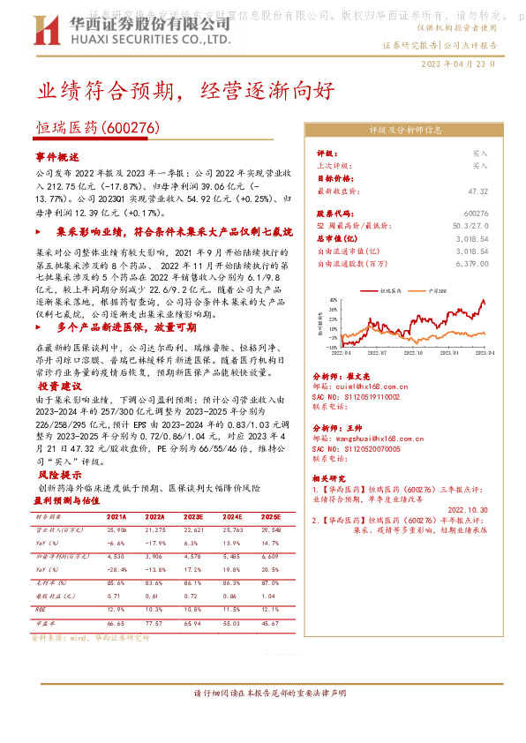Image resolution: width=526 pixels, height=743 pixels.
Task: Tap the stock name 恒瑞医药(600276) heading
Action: [x=98, y=128]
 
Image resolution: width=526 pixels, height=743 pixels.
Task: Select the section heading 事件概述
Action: [x=57, y=156]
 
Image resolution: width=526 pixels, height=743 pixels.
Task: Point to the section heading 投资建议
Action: [x=60, y=387]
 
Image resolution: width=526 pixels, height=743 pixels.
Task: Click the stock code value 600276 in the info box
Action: [x=476, y=214]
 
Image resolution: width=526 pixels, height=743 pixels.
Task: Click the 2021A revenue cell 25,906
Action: [x=117, y=529]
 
